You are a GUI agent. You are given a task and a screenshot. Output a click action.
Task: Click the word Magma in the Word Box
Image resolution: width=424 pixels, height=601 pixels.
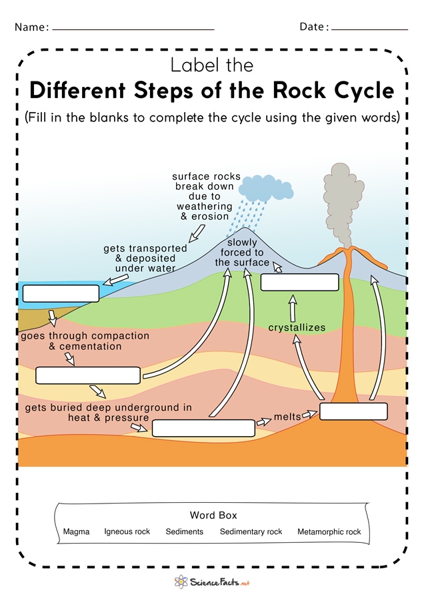76,532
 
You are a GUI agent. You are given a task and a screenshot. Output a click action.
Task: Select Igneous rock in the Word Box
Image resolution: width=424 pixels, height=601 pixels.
127,532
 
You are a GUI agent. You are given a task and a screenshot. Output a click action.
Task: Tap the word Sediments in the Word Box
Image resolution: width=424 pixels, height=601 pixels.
185,532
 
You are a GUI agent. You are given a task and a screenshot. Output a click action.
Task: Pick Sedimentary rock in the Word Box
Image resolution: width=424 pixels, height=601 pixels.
251,532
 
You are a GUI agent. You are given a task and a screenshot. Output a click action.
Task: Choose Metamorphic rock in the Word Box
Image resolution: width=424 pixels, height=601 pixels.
329,532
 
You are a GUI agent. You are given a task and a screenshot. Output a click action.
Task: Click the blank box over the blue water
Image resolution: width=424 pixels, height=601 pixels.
61,293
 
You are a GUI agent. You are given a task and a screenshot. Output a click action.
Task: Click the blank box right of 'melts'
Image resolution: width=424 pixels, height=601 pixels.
353,411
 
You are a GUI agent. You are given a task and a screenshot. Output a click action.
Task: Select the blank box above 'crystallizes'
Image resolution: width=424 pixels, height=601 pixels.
300,282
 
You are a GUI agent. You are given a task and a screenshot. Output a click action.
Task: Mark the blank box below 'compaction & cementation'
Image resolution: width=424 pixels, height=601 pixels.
88,375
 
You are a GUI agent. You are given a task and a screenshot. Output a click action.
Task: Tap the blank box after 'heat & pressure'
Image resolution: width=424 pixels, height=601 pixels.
203,428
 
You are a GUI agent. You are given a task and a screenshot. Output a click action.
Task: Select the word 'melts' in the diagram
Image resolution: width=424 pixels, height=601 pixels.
287,417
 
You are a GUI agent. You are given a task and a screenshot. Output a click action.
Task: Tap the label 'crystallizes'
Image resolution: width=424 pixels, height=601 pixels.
297,328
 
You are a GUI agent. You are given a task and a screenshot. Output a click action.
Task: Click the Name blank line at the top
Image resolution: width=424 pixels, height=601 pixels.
133,29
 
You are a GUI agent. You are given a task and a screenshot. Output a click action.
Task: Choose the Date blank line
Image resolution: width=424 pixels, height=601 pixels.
369,29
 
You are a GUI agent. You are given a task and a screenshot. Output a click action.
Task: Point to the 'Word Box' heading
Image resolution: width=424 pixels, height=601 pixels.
213,516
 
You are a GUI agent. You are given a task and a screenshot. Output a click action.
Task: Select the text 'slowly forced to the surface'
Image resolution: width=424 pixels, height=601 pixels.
242,252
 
